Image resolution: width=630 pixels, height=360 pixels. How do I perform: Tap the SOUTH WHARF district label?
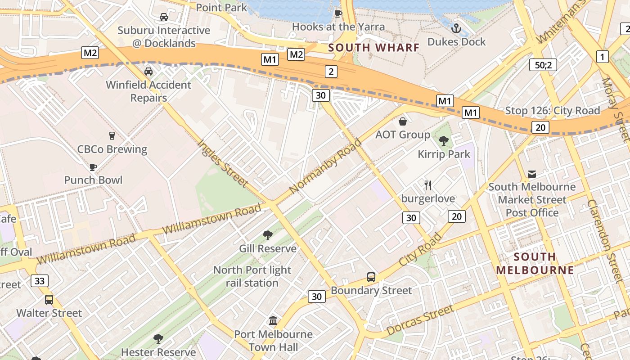pyautogui.click(x=373, y=47)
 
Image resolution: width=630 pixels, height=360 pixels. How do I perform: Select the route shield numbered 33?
pyautogui.click(x=40, y=281)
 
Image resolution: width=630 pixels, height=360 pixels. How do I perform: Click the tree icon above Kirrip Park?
pyautogui.click(x=444, y=141)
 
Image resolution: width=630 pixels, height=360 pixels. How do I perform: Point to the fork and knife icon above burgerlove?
pyautogui.click(x=428, y=185)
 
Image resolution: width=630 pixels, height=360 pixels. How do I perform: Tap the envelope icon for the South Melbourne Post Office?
pyautogui.click(x=532, y=174)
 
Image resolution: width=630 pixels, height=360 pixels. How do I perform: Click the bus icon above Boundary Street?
pyautogui.click(x=371, y=277)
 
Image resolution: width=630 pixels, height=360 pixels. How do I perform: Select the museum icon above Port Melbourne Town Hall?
pyautogui.click(x=273, y=321)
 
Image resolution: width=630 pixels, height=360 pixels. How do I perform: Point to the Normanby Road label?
pyautogui.click(x=326, y=166)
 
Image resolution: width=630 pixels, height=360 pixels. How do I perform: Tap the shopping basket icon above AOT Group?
pyautogui.click(x=403, y=121)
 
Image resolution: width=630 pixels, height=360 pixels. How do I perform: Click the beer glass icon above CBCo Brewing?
pyautogui.click(x=112, y=136)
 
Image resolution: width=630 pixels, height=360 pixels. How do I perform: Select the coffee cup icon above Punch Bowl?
pyautogui.click(x=93, y=167)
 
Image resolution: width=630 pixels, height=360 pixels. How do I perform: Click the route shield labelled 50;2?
pyautogui.click(x=543, y=65)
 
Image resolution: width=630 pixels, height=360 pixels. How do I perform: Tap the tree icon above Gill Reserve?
pyautogui.click(x=268, y=235)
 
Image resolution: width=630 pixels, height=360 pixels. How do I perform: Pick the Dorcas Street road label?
pyautogui.click(x=420, y=320)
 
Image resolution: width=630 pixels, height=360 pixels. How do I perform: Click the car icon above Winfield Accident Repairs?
pyautogui.click(x=148, y=72)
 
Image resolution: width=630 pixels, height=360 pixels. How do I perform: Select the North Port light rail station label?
pyautogui.click(x=252, y=276)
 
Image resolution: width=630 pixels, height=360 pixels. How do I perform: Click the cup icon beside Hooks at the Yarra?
pyautogui.click(x=338, y=14)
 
